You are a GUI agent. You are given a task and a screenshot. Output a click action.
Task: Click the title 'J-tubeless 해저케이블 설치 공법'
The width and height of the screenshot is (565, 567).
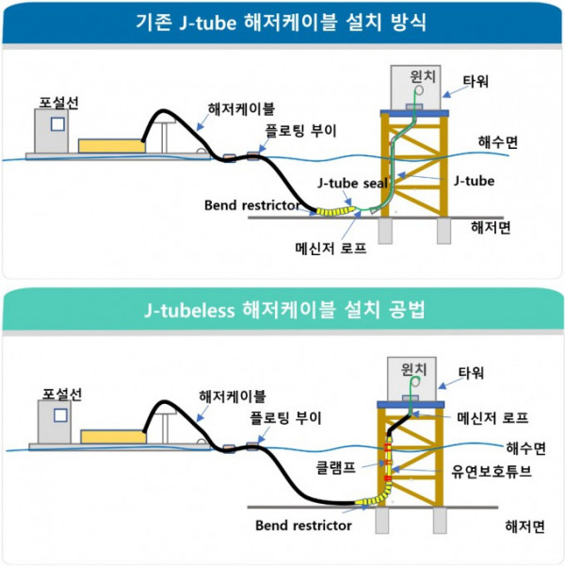pos(282,306)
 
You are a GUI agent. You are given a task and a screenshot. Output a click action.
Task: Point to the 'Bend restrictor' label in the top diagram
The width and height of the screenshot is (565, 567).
pos(251,205)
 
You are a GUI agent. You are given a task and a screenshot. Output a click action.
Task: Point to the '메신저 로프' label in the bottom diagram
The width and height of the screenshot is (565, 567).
pos(487,415)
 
